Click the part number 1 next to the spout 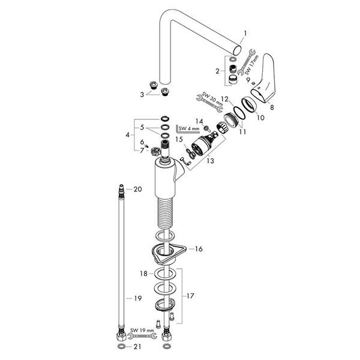point(245,34)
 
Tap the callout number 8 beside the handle point(272,107)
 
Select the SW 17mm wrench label point(251,65)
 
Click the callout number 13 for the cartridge point(210,160)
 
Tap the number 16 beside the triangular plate point(199,249)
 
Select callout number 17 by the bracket point(190,296)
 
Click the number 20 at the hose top point(138,189)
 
